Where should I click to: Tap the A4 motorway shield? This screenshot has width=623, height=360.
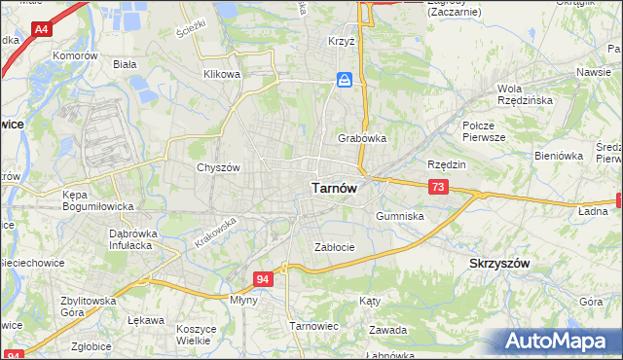pyautogui.click(x=41, y=30)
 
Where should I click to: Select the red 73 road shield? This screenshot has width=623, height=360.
pyautogui.click(x=438, y=186)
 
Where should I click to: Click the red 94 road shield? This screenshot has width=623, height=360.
pyautogui.click(x=263, y=279)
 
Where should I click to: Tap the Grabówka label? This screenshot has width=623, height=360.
pyautogui.click(x=362, y=138)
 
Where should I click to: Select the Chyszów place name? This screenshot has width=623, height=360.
pyautogui.click(x=218, y=167)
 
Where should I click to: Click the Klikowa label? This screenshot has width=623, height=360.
pyautogui.click(x=221, y=74)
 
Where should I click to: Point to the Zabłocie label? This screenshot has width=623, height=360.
pyautogui.click(x=334, y=247)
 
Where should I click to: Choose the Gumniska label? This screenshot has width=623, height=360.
pyautogui.click(x=399, y=216)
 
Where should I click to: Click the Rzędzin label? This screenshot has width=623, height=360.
pyautogui.click(x=447, y=164)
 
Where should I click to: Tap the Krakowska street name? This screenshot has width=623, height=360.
pyautogui.click(x=215, y=232)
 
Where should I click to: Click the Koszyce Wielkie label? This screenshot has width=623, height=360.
pyautogui.click(x=196, y=335)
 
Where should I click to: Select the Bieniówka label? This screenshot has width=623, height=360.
pyautogui.click(x=558, y=155)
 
